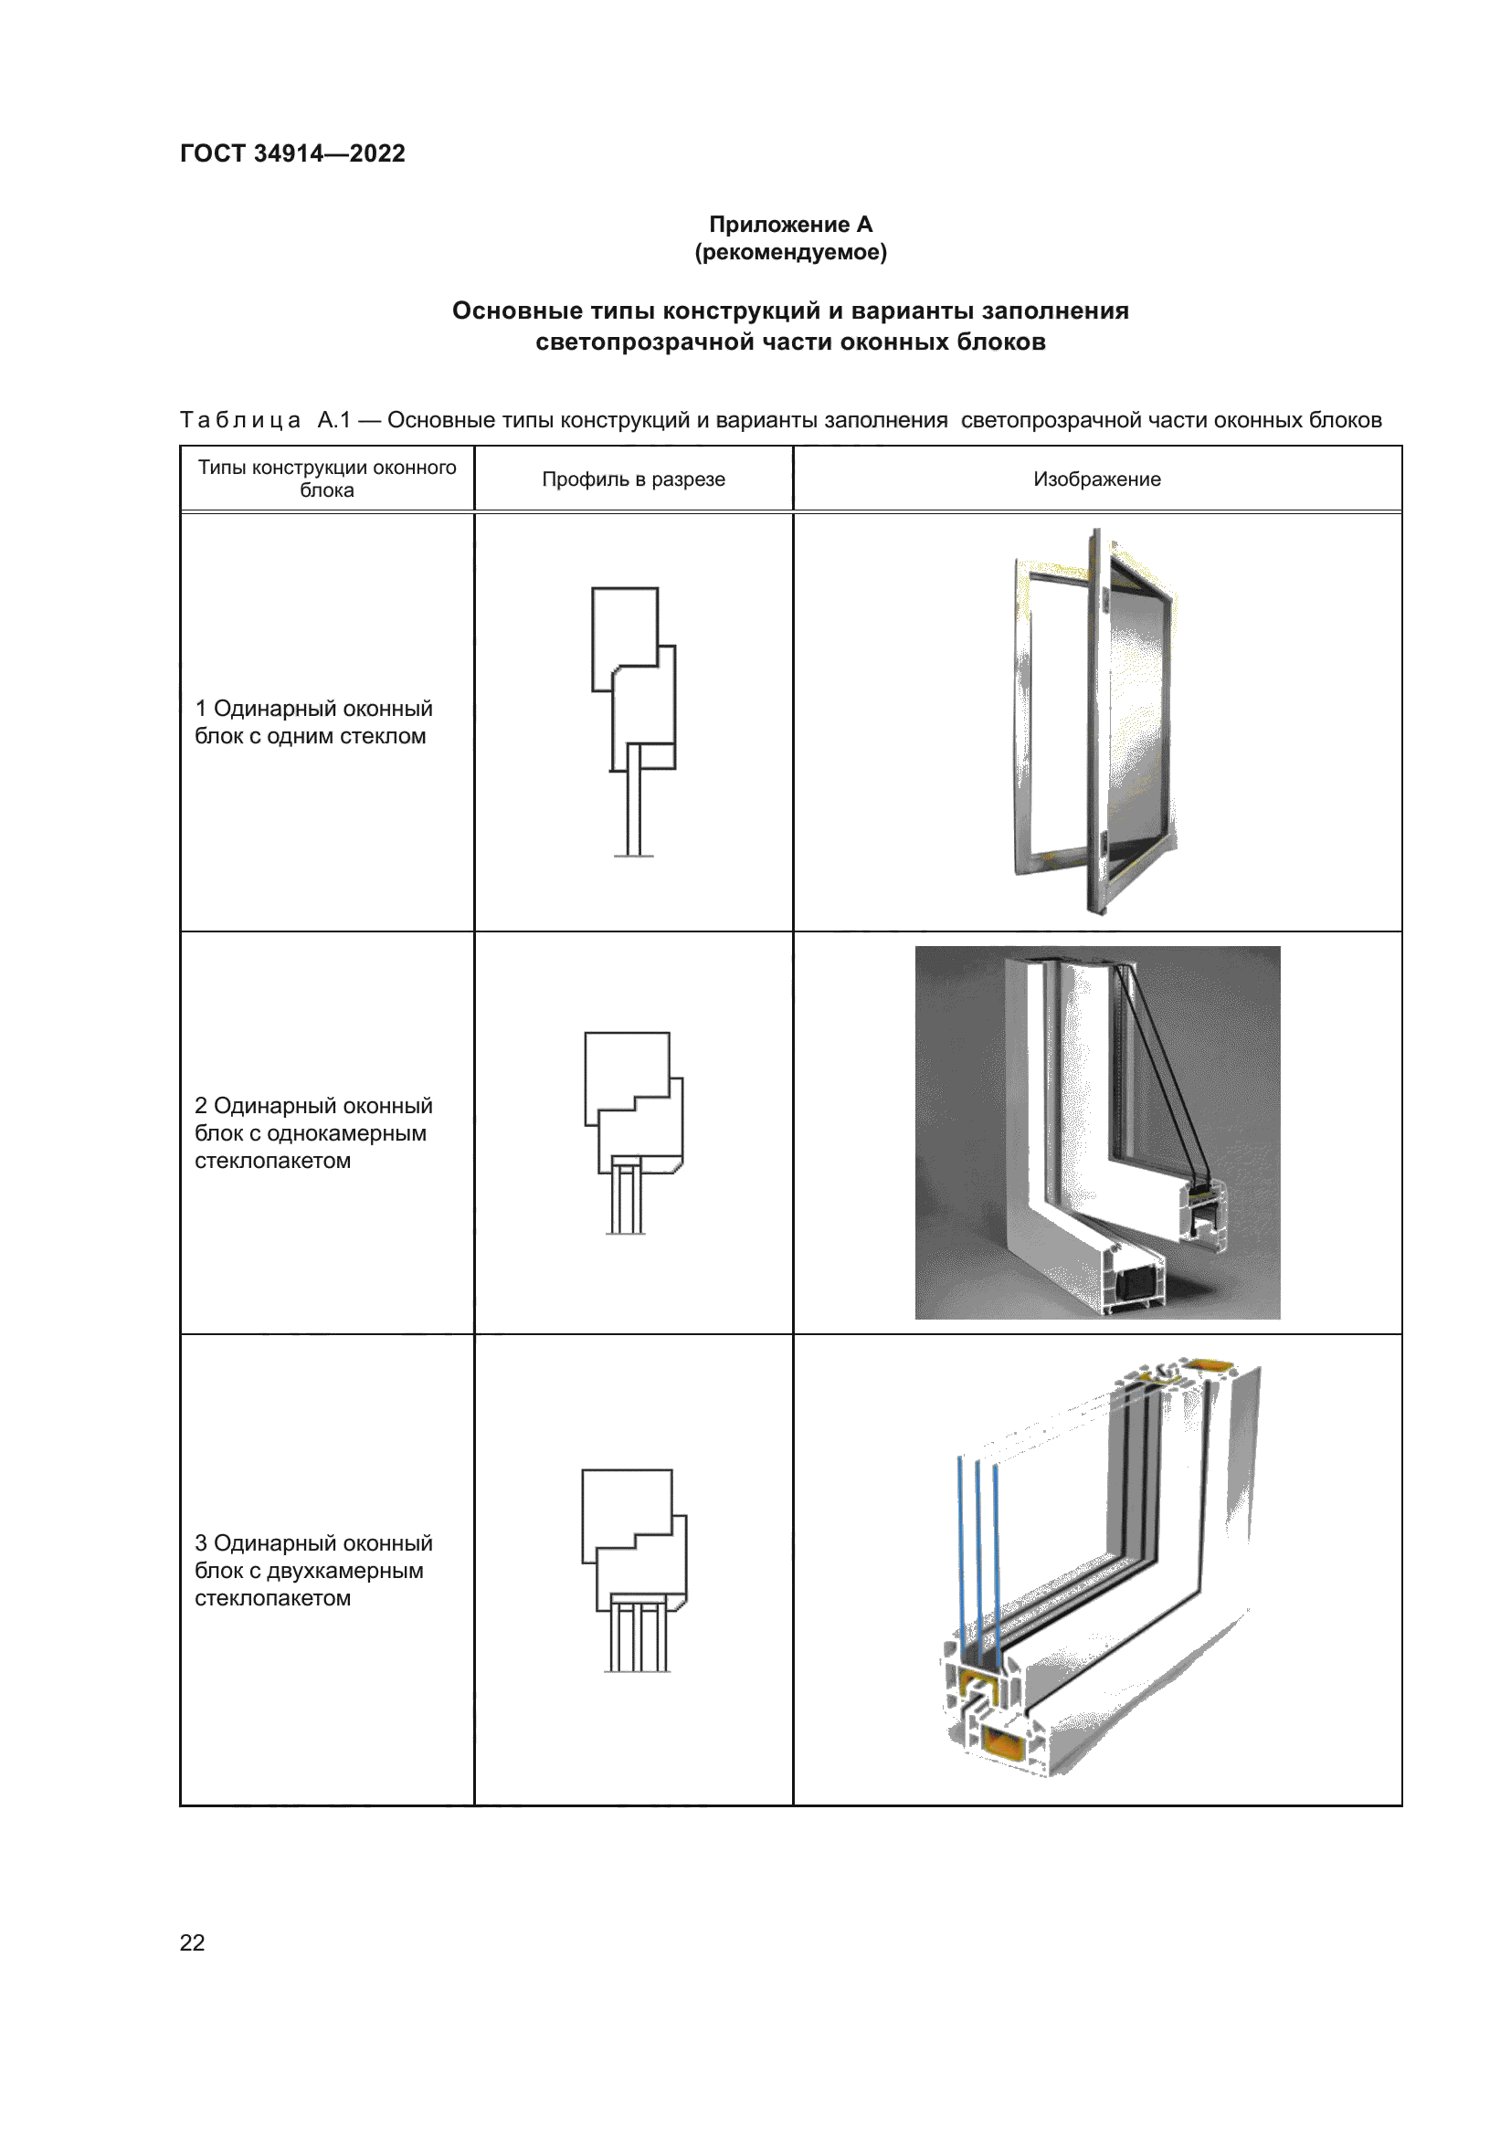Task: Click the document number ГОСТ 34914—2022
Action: click(292, 153)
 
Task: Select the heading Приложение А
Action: click(790, 225)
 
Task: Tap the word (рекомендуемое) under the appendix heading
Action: click(790, 252)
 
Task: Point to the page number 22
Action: click(192, 1942)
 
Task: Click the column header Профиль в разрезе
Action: click(633, 479)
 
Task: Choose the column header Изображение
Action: click(1096, 479)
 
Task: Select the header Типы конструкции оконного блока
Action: click(326, 479)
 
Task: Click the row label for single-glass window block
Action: click(312, 722)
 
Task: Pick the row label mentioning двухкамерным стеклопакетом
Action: click(312, 1571)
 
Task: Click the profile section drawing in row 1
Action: click(634, 721)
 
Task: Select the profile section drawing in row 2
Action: click(634, 1132)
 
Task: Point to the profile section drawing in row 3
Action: click(634, 1571)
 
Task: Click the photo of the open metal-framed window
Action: click(1096, 721)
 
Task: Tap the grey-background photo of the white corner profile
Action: click(1097, 1132)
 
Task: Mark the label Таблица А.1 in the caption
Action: click(265, 420)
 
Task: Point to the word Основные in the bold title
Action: click(505, 310)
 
